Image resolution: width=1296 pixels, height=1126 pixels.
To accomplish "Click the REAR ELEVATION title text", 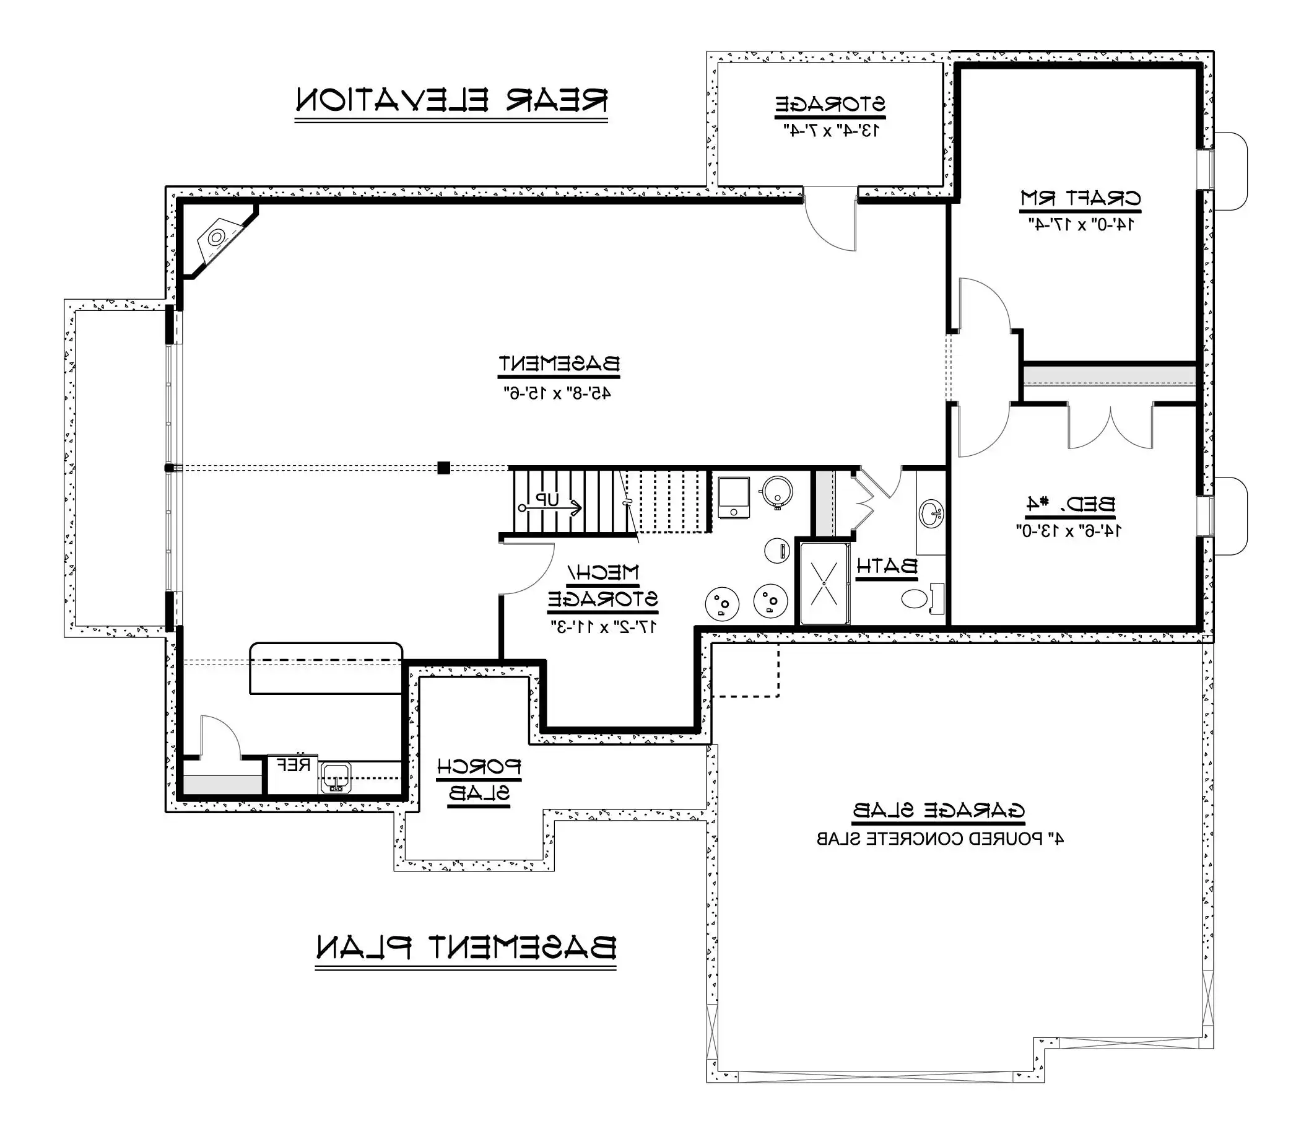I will point(451,100).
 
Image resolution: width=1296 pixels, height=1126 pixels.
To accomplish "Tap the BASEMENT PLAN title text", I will point(466,948).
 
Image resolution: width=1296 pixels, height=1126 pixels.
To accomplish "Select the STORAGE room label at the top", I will point(829,104).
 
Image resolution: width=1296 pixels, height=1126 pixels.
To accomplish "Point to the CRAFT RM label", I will point(1080,199).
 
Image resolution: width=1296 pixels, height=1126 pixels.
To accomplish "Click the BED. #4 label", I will point(1071,504).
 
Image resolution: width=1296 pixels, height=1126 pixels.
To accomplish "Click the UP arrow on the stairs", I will point(549,507).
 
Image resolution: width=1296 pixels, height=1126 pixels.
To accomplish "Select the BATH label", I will point(887,566).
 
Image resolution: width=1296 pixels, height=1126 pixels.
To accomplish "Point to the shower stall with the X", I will point(824,583).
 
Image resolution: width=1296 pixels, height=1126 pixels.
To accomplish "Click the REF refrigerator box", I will point(293,774).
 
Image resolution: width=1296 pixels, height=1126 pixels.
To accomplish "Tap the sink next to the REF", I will point(336,778).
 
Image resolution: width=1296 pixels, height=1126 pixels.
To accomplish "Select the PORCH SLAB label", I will point(479,780).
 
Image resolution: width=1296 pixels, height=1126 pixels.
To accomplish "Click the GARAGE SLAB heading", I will point(939,811).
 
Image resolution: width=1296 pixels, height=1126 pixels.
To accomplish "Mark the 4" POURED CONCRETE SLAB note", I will point(939,839).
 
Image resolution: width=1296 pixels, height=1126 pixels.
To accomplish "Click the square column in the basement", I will point(443,468).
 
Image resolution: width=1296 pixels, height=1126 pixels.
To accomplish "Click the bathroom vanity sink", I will point(931,514).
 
